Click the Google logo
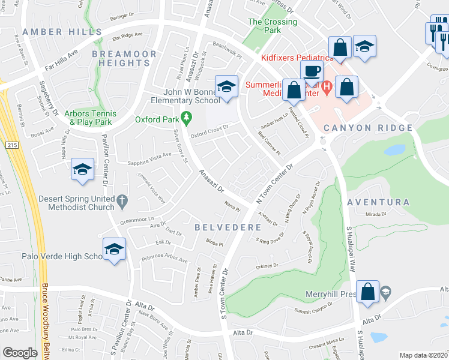20,353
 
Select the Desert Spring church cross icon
122,199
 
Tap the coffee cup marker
312,71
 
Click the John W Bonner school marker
226,88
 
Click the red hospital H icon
327,88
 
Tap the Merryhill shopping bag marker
368,292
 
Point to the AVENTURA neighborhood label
378,203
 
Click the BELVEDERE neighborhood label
228,228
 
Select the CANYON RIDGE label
368,128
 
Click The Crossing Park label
273,26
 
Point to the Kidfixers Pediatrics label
297,58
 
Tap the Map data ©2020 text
423,355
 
